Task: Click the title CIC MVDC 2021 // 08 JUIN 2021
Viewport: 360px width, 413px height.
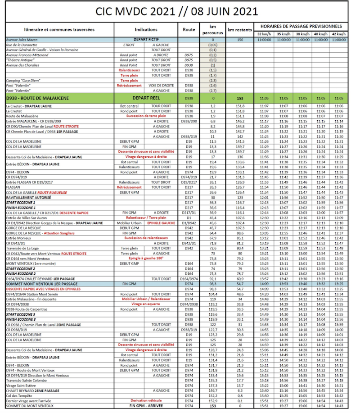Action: point(180,11)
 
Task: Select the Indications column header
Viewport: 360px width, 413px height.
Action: point(146,29)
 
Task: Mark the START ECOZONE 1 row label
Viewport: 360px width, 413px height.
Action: point(20,203)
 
